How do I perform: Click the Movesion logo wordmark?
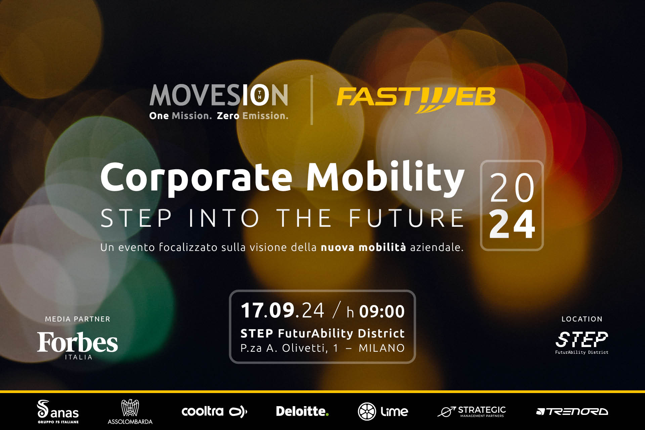pos(219,95)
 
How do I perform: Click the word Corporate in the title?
pos(197,177)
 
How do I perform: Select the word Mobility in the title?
pos(385,177)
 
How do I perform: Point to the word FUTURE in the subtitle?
pos(406,218)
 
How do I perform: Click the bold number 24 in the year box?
pos(512,224)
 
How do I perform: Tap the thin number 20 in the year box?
pos(512,188)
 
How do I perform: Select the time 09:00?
pos(382,311)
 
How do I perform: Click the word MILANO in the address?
pos(382,348)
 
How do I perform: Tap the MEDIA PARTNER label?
pos(78,319)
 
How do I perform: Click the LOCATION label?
pos(582,319)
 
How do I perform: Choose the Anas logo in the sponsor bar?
pos(58,412)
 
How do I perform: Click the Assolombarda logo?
pos(130,412)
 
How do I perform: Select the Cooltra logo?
pos(214,412)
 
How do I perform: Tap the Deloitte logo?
pos(302,412)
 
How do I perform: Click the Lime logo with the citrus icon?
pos(383,412)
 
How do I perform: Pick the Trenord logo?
pos(572,412)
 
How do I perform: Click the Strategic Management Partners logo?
pos(472,412)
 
